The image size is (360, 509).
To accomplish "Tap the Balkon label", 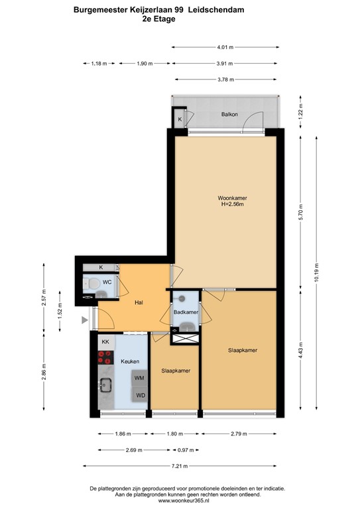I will [229, 115].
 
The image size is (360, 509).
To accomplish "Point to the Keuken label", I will [130, 362].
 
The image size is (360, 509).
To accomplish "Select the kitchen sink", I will [105, 384].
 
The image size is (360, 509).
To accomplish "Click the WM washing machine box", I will [140, 378].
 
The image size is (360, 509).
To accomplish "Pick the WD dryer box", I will [140, 396].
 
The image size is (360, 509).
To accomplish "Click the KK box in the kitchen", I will [105, 341].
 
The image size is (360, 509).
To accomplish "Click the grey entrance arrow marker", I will [84, 321].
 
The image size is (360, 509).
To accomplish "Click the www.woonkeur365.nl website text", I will [180, 501].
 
